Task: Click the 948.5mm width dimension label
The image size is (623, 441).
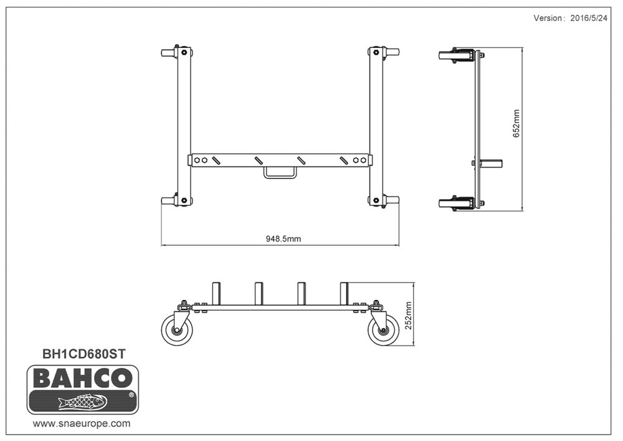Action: click(283, 238)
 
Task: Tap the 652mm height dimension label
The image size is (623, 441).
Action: click(516, 124)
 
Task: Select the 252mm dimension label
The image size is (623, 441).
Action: click(409, 315)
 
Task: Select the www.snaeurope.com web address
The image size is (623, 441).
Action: click(82, 423)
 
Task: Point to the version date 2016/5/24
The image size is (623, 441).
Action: click(587, 18)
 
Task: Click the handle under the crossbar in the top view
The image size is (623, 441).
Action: click(280, 172)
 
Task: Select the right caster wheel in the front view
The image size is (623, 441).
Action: click(383, 331)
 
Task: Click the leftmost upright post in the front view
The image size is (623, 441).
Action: click(216, 294)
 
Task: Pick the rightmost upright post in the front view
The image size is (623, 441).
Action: click(344, 294)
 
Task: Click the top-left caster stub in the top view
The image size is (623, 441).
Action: click(168, 52)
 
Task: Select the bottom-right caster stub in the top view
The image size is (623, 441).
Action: click(391, 201)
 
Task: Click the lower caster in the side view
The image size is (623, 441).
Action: click(456, 202)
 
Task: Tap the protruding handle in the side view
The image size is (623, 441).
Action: click(492, 163)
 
